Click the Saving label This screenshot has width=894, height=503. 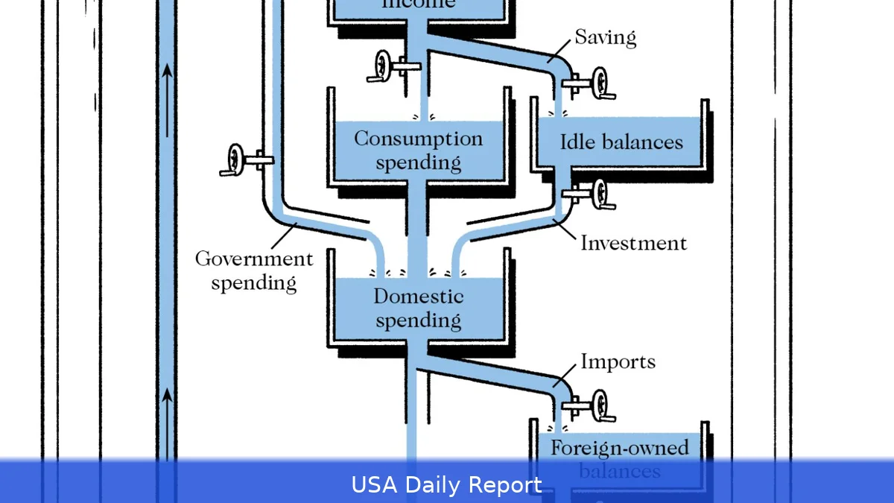605,37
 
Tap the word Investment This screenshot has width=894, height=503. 633,243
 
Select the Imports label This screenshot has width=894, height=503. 618,362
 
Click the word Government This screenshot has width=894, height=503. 254,259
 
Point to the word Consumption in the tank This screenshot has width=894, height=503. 418,139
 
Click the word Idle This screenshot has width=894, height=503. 577,142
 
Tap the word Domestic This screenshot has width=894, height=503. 418,297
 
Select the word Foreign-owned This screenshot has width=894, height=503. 619,448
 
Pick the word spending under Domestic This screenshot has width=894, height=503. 418,321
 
